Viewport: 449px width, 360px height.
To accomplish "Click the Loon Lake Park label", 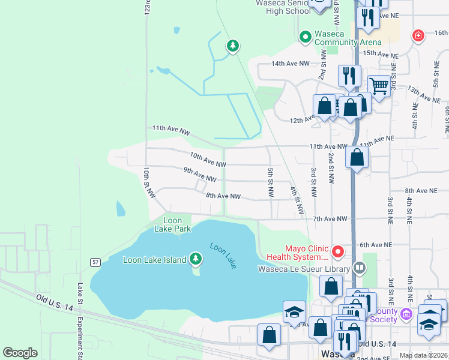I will (172, 224).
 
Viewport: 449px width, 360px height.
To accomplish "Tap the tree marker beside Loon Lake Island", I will (195, 259).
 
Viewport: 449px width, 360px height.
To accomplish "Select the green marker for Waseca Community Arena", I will (306, 37).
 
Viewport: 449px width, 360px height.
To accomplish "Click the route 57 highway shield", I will (95, 262).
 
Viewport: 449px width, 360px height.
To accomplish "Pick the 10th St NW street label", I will (149, 183).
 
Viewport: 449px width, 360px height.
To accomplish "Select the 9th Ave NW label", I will (199, 175).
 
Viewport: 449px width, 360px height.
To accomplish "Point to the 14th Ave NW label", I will (291, 63).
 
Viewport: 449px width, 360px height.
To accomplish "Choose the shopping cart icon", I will (379, 86).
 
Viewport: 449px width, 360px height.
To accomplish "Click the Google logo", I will (20, 353).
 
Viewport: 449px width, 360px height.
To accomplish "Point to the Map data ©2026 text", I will (423, 355).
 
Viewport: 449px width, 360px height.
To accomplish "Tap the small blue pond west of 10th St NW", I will (120, 208).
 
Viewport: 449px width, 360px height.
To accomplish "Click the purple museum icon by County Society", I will (407, 314).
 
